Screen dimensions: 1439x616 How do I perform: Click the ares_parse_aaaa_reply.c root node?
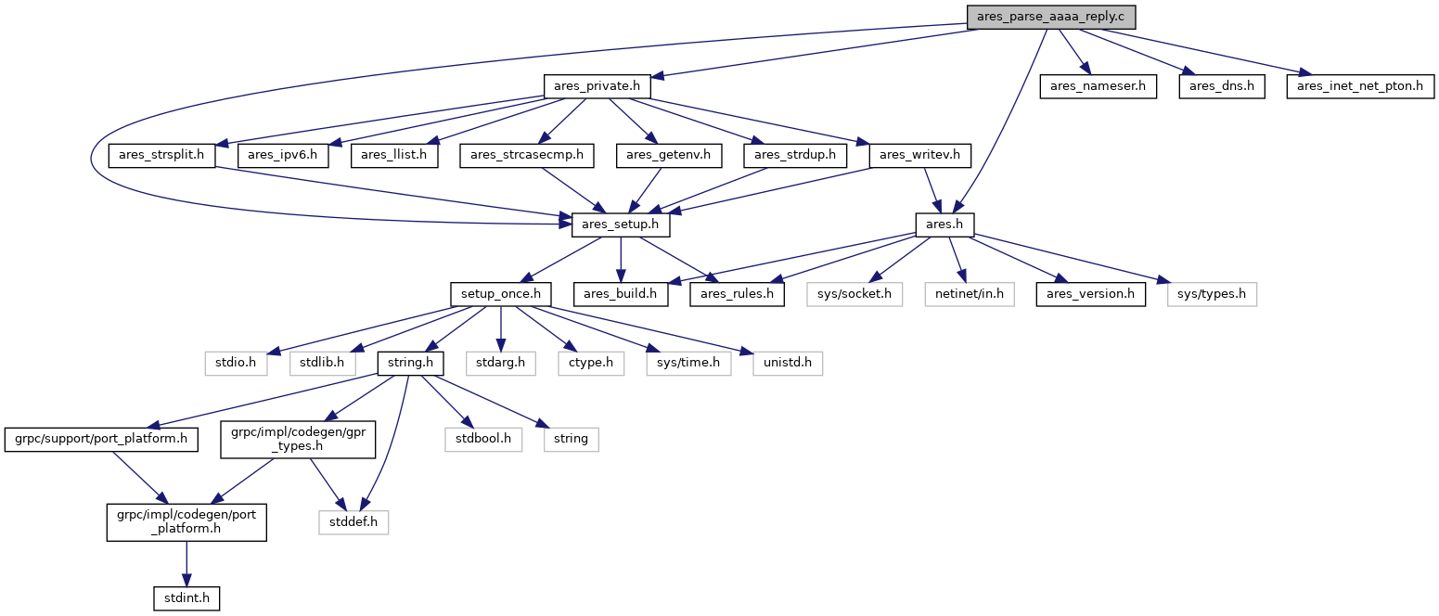pyautogui.click(x=1051, y=17)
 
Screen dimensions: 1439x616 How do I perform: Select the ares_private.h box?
pyautogui.click(x=597, y=86)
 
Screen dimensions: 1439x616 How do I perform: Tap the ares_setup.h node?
pyautogui.click(x=620, y=225)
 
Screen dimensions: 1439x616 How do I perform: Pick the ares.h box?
pyautogui.click(x=944, y=225)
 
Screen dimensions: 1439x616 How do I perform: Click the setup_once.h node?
pyautogui.click(x=500, y=294)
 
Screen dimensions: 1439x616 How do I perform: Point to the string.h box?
pyautogui.click(x=410, y=364)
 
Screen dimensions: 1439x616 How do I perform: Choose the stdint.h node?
pyautogui.click(x=186, y=598)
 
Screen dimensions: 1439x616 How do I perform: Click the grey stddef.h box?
pyautogui.click(x=353, y=522)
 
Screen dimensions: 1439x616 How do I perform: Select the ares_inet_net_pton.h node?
pyautogui.click(x=1360, y=86)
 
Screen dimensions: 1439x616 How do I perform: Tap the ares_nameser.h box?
pyautogui.click(x=1098, y=86)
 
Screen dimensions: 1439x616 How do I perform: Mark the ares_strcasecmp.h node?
pyautogui.click(x=527, y=156)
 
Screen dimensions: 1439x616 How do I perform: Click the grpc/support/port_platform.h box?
pyautogui.click(x=101, y=440)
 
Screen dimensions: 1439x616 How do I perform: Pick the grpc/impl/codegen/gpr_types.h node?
pyautogui.click(x=298, y=440)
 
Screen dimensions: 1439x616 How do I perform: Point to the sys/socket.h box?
pyautogui.click(x=854, y=294)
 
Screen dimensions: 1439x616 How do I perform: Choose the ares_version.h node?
pyautogui.click(x=1090, y=294)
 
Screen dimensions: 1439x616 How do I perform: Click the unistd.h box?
pyautogui.click(x=788, y=364)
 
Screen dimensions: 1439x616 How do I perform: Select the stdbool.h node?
pyautogui.click(x=483, y=440)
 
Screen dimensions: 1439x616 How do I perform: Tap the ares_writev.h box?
pyautogui.click(x=920, y=156)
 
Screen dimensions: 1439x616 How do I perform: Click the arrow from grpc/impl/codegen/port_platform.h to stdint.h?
pyautogui.click(x=186, y=564)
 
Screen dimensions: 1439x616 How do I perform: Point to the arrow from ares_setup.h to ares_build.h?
pyautogui.click(x=621, y=260)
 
